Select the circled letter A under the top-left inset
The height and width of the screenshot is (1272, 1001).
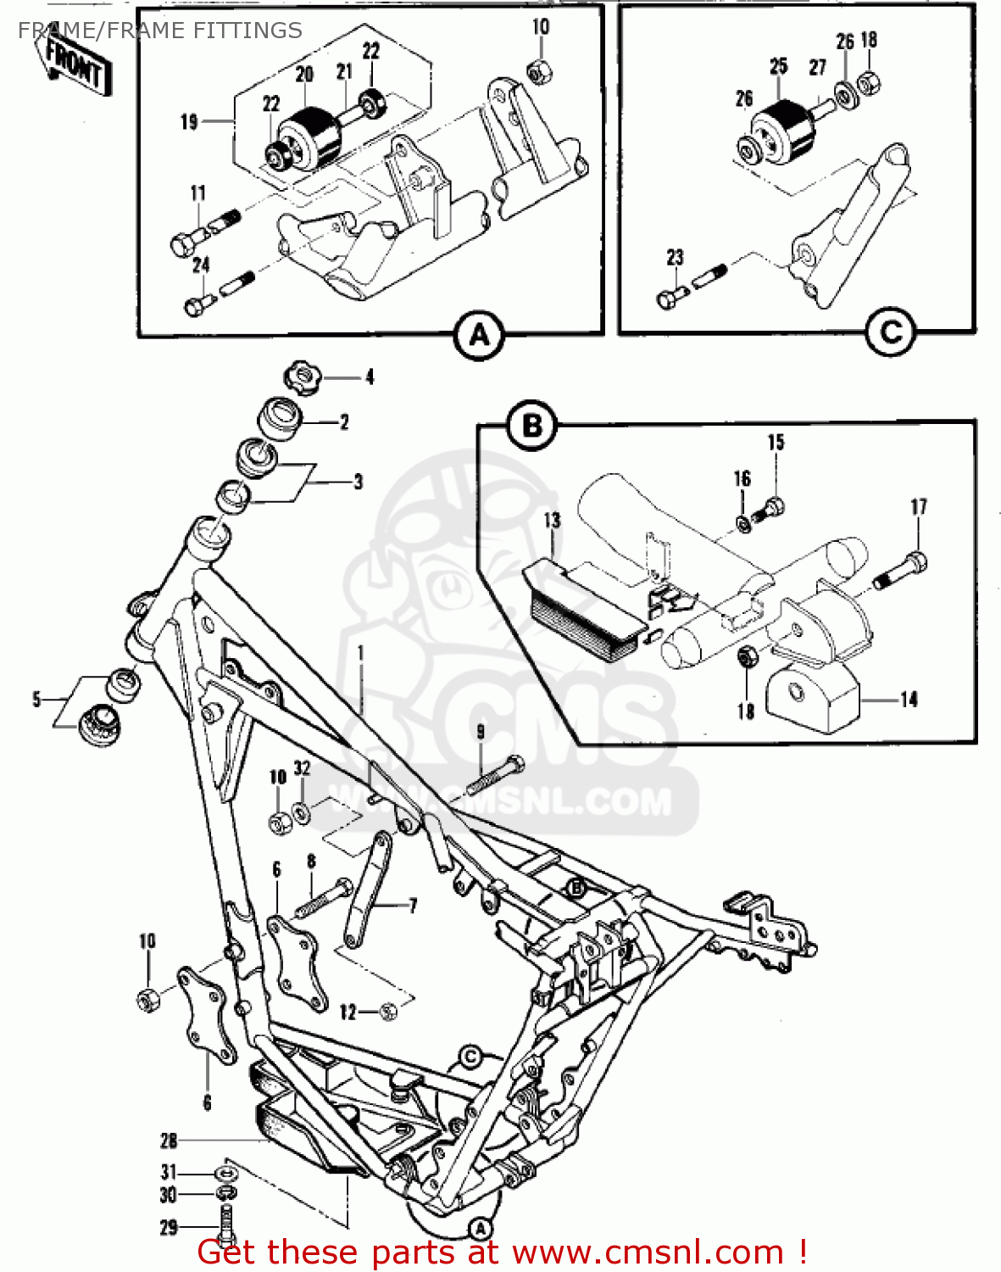(480, 336)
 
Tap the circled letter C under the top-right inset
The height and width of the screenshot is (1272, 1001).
(891, 332)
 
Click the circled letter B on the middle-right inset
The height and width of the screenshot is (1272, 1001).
(531, 425)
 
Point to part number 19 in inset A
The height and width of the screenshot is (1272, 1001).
(189, 122)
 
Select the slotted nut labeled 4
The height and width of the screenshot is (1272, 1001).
(301, 377)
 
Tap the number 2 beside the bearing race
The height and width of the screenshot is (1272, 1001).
(344, 422)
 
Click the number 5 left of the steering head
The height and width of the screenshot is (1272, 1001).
(36, 700)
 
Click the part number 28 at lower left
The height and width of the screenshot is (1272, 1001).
(169, 1141)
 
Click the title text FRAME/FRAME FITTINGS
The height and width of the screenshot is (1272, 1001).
(160, 31)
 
